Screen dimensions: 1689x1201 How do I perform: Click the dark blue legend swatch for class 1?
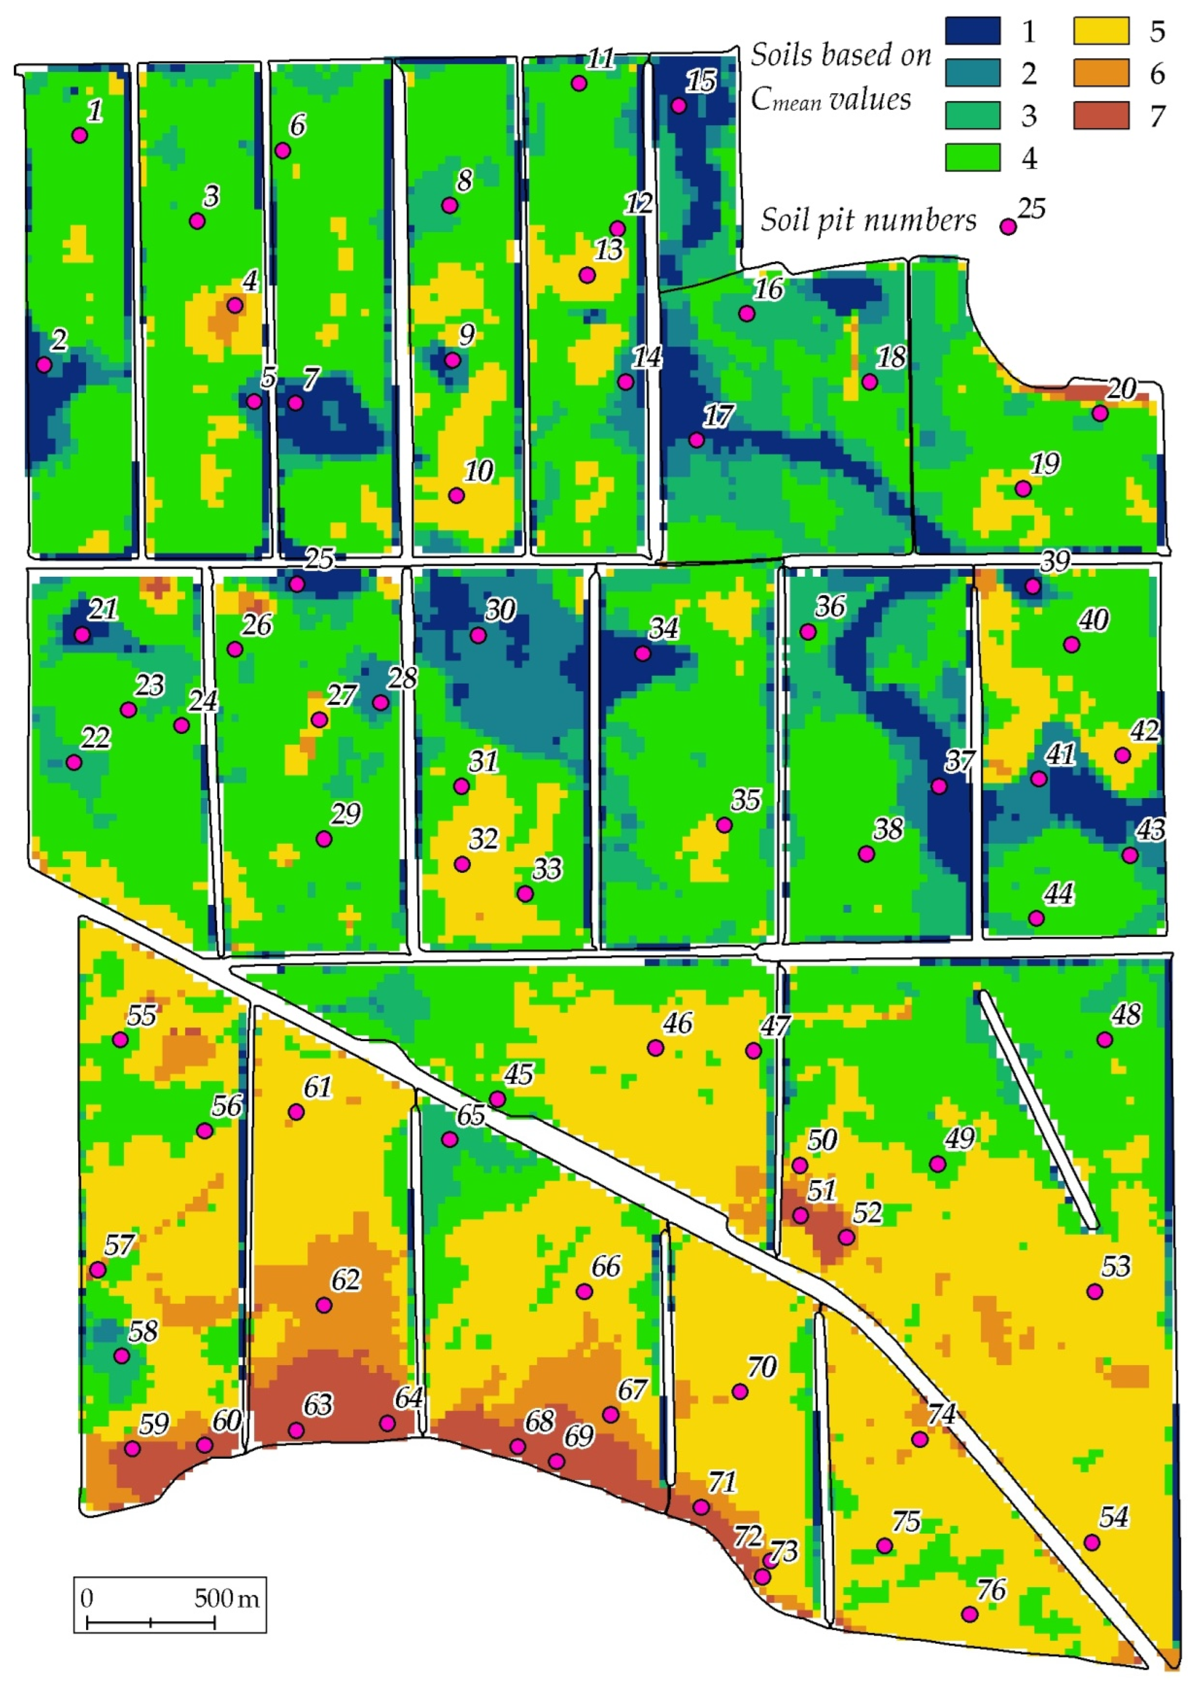coord(973,31)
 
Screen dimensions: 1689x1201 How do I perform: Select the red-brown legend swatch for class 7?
coord(1101,115)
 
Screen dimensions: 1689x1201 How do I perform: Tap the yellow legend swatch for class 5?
coord(1101,31)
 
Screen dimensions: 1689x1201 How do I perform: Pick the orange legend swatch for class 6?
coord(1101,73)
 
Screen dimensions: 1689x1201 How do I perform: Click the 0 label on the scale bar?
coord(87,1599)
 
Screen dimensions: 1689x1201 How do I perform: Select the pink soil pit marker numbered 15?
coord(679,106)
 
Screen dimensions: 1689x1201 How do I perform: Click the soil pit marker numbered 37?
coord(938,786)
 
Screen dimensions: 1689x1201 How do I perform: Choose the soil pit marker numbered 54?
coord(1091,1542)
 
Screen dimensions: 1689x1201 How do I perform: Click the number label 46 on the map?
coord(677,1023)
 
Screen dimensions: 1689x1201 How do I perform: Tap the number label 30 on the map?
coord(501,610)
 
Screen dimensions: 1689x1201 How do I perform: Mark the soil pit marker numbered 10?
coord(456,495)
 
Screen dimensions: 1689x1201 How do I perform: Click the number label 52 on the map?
coord(867,1213)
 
